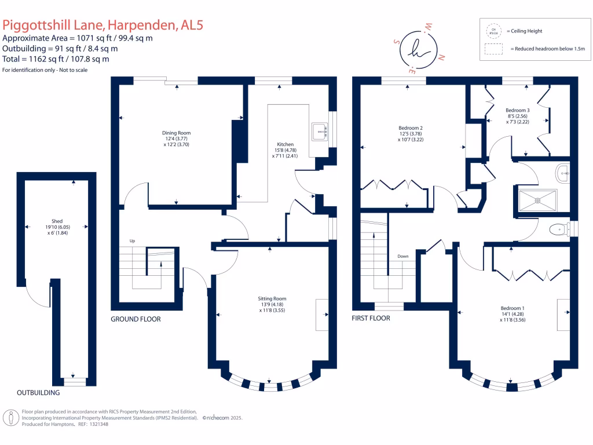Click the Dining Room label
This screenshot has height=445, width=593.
tap(176, 133)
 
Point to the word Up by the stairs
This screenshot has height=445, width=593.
tap(133, 240)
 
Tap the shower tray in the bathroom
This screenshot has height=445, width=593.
tap(538, 200)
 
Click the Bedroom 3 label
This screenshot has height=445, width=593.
tap(517, 110)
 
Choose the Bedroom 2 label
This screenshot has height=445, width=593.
tap(410, 128)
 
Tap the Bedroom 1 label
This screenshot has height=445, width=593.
tap(513, 308)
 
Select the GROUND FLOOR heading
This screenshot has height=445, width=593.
tap(136, 319)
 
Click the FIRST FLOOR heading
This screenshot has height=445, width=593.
tap(371, 318)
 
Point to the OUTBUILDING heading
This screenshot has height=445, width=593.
tap(38, 393)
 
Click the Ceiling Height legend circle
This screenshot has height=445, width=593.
tap(494, 31)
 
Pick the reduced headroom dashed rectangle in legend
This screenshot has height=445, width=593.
tap(494, 50)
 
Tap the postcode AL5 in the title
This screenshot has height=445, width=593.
tap(192, 25)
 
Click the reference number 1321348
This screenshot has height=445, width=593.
tap(97, 424)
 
